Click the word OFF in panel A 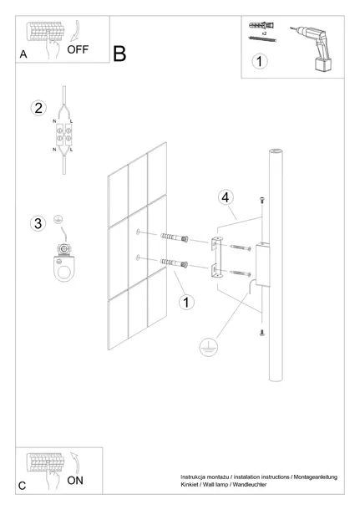(78, 49)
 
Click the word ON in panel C (75, 481)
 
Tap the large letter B (119, 54)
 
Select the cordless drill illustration (312, 48)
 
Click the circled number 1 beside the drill (259, 62)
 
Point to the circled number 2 (38, 108)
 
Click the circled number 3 (38, 223)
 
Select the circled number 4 (226, 197)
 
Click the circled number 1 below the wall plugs (186, 302)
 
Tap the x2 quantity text (264, 33)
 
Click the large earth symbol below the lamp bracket (208, 347)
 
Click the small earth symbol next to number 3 (58, 220)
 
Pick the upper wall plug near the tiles (175, 237)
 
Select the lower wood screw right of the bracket (240, 273)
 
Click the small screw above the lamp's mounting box (261, 200)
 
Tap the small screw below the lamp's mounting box (261, 333)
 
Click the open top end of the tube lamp (276, 151)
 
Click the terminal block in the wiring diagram (63, 134)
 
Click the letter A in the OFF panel (23, 54)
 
